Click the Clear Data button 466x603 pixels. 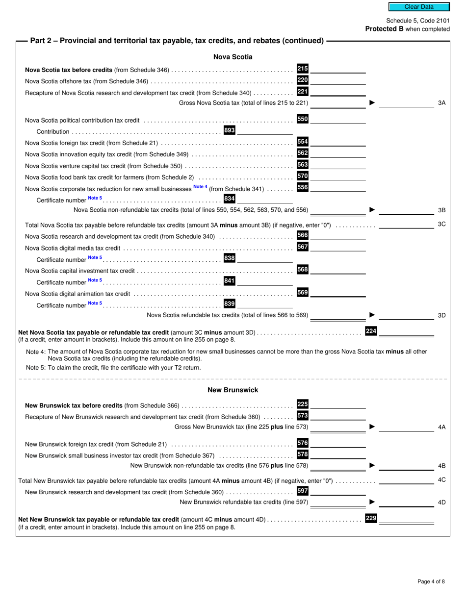pos(419,7)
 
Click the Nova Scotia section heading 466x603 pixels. pos(233,57)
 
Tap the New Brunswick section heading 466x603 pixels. pos(233,390)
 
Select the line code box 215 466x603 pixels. pos(303,69)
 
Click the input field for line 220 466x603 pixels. pos(338,80)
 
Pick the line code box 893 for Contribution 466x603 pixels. pos(229,130)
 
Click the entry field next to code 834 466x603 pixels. pos(264,199)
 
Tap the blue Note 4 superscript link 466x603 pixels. pos(200,187)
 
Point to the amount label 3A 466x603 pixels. pos(441,103)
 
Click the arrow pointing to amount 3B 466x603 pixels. pos(372,210)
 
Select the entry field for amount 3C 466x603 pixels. pos(407,225)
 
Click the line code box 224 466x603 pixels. pos(371,331)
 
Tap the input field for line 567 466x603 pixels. pos(338,247)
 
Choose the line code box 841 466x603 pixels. pos(229,281)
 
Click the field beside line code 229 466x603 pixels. pos(407,519)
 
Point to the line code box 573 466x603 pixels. pos(303,416)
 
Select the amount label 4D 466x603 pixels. pos(441,502)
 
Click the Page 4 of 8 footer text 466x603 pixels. pos(431,582)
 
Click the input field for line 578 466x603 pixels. pos(338,455)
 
